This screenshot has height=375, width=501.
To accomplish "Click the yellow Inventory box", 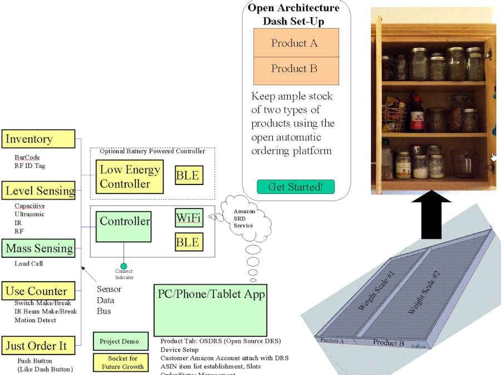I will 38,139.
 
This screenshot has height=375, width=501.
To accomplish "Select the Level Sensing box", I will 38,191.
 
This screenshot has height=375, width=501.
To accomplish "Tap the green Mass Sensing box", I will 38,248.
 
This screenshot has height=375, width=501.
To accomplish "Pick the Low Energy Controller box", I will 130,177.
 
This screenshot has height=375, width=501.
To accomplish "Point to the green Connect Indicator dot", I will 124,266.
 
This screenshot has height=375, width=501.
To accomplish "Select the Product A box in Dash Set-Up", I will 296,43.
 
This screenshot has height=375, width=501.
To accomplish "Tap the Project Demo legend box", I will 116,341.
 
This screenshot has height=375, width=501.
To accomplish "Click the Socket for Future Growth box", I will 119,362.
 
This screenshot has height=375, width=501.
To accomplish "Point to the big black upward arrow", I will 431,216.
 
